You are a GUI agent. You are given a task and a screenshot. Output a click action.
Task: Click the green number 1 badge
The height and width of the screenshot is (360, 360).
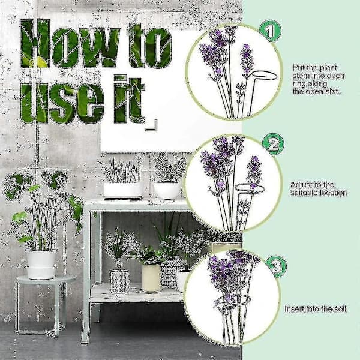tap(270, 31)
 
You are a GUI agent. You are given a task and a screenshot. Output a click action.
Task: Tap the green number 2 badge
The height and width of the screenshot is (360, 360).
tap(273, 144)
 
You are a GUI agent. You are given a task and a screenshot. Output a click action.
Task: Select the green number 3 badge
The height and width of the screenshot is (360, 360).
tap(276, 266)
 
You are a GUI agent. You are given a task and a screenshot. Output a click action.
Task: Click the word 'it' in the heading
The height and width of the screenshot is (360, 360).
tap(129, 99)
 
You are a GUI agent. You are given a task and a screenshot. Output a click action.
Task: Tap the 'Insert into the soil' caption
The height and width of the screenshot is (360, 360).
tap(315, 309)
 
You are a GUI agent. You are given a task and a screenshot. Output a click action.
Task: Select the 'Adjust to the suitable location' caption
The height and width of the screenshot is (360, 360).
tap(319, 188)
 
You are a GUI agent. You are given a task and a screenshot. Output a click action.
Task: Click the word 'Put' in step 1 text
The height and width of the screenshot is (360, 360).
tap(298, 68)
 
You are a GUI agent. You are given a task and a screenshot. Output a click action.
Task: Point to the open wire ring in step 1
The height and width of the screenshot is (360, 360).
tap(264, 72)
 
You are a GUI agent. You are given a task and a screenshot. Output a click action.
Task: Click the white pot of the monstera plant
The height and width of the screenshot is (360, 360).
tap(41, 264)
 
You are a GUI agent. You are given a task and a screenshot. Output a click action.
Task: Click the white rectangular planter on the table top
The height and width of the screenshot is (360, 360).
tap(122, 190)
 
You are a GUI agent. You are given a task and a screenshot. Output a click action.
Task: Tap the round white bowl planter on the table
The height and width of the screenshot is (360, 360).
tap(167, 191)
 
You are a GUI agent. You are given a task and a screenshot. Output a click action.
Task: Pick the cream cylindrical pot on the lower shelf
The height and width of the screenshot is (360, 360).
tap(151, 278)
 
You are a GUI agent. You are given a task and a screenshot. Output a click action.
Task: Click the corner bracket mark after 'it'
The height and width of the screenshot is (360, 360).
tap(152, 125)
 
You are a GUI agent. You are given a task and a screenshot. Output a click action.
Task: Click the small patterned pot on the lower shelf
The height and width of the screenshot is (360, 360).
tap(119, 282)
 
